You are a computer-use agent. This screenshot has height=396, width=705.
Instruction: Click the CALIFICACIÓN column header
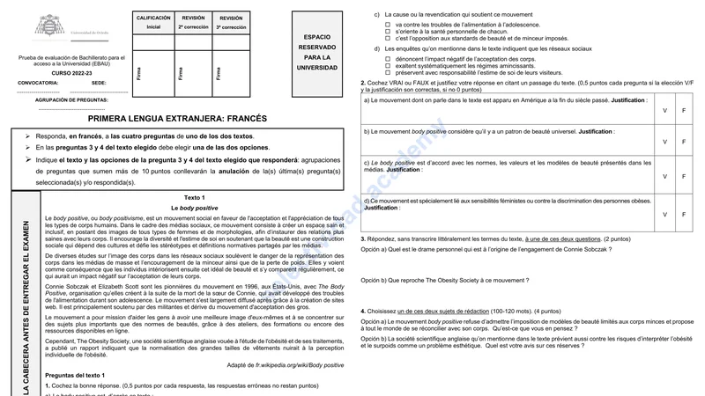[x=153, y=22]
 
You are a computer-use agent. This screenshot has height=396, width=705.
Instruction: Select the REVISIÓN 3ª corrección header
[x=231, y=22]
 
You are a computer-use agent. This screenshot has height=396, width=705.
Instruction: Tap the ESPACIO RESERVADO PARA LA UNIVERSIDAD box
[x=315, y=52]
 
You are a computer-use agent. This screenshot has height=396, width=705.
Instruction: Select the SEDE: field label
[x=99, y=82]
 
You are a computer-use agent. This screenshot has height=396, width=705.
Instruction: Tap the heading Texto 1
[x=194, y=197]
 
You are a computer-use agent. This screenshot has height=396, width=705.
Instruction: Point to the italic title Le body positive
[x=194, y=207]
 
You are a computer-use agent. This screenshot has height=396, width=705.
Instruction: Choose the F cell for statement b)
[x=684, y=141]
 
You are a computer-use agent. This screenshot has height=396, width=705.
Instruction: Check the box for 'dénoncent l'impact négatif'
[x=388, y=57]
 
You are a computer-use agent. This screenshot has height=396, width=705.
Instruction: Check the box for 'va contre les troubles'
[x=388, y=24]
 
